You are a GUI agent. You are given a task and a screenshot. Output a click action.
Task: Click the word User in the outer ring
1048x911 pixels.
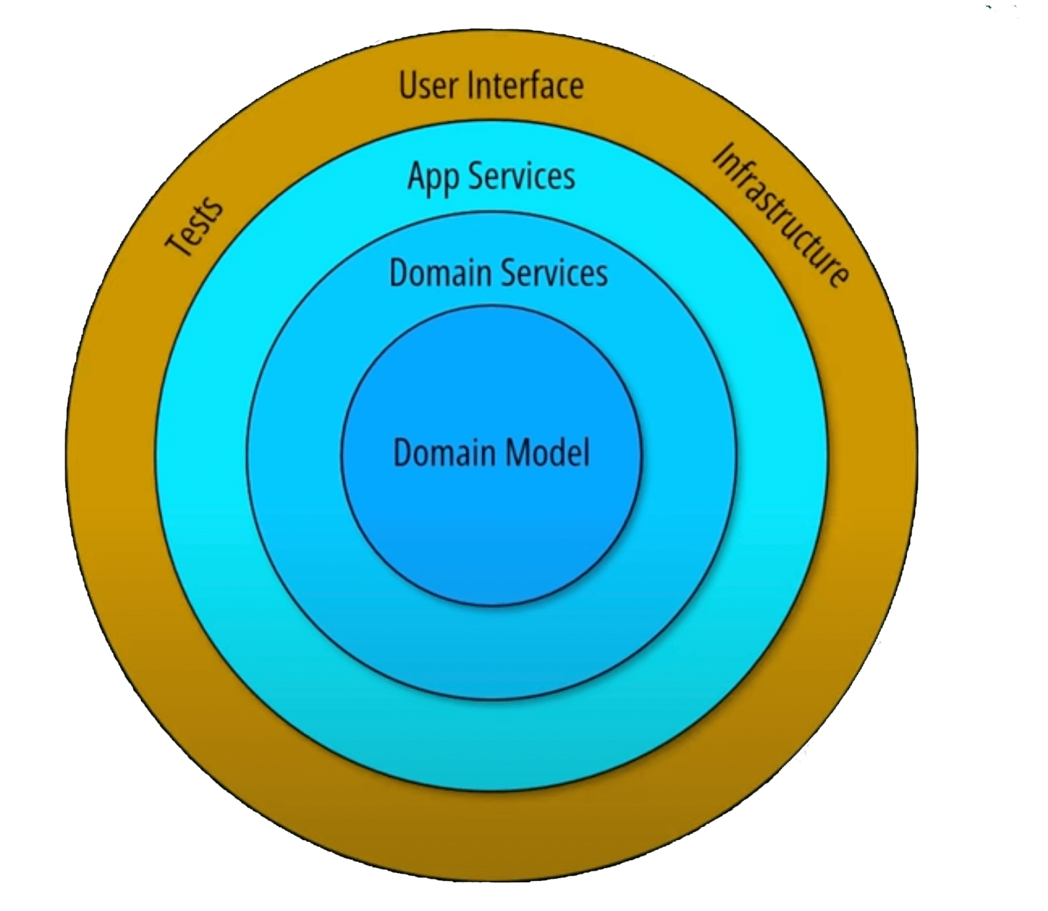point(428,85)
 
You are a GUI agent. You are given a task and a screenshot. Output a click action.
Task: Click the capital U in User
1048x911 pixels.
point(408,85)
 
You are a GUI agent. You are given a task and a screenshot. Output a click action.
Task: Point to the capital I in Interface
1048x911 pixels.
point(470,85)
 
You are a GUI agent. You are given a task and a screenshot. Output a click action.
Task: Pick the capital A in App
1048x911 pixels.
point(415,176)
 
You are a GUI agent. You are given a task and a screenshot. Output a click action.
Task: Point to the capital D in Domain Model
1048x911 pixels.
point(403,453)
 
